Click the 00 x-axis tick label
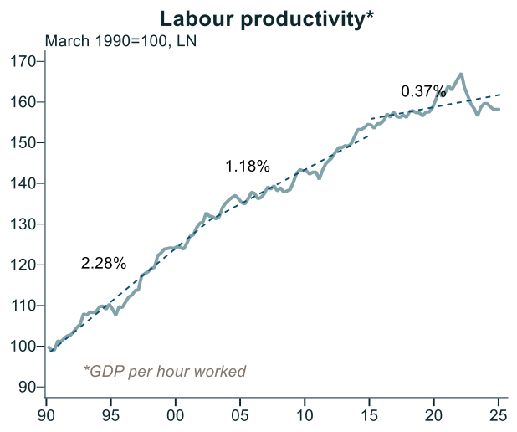pyautogui.click(x=176, y=413)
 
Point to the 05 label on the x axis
pyautogui.click(x=240, y=413)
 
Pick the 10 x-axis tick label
pyautogui.click(x=305, y=413)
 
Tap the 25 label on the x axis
pyautogui.click(x=499, y=413)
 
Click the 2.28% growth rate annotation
pyautogui.click(x=104, y=264)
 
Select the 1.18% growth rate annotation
pyautogui.click(x=248, y=167)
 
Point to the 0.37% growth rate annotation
pyautogui.click(x=423, y=91)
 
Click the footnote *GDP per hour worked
pyautogui.click(x=165, y=371)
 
